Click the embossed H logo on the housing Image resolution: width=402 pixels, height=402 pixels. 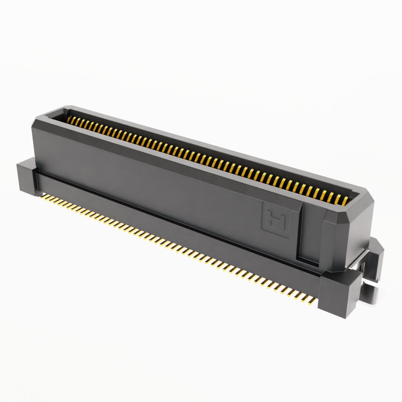(275, 220)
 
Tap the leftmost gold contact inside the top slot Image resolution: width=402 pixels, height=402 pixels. (69, 119)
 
